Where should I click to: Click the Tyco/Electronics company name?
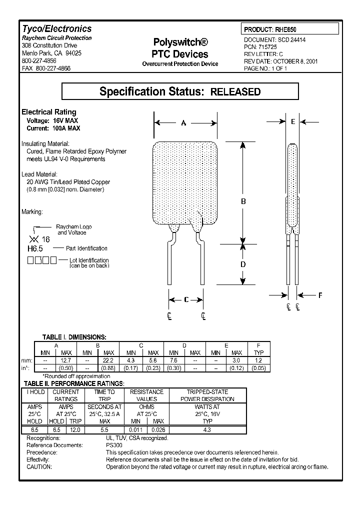[56, 29]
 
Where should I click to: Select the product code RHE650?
[289, 30]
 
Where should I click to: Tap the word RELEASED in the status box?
[234, 91]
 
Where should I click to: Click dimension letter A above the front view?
[183, 122]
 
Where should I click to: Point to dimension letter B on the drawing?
[243, 201]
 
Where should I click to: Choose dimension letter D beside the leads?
[243, 264]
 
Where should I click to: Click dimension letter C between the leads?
[186, 299]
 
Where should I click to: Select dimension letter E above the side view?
[293, 122]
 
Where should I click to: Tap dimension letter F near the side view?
[320, 295]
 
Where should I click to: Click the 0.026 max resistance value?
[158, 429]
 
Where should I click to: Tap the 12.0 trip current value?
[75, 429]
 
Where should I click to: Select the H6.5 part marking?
[32, 248]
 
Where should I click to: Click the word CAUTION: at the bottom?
[39, 466]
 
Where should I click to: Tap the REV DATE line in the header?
[280, 61]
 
